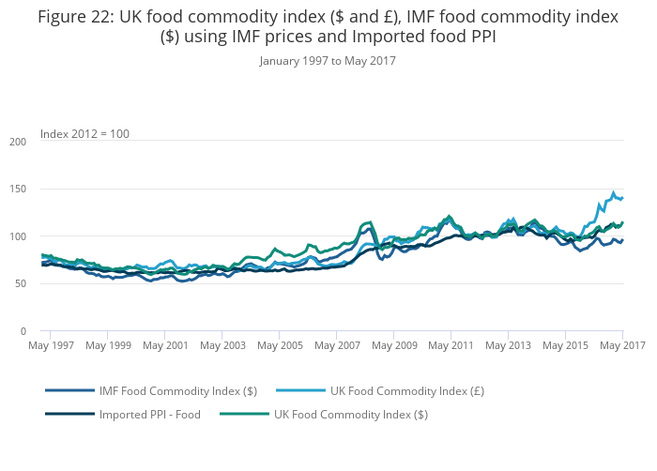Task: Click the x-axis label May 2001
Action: pos(164,346)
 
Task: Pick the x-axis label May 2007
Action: pos(336,346)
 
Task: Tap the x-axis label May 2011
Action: pos(451,346)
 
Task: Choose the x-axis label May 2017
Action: pos(622,346)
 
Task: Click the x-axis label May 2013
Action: pos(508,346)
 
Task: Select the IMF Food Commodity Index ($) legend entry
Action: pos(177,390)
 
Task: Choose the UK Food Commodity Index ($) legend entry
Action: pos(350,414)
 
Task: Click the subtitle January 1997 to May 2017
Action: pos(328,60)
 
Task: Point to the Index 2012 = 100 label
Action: pos(84,134)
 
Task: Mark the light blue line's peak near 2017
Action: pos(614,192)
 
